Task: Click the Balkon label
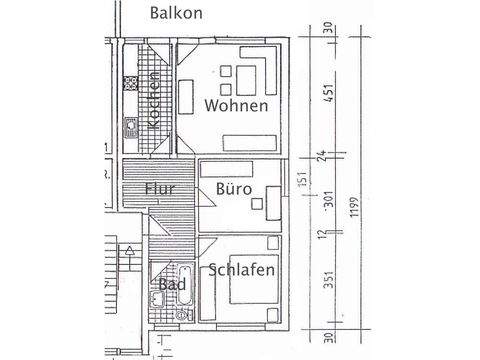(177, 13)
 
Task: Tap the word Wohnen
(237, 106)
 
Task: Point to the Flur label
(161, 188)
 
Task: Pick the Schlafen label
(242, 270)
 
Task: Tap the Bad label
(171, 284)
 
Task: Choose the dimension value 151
(301, 185)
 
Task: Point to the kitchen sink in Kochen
(130, 127)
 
